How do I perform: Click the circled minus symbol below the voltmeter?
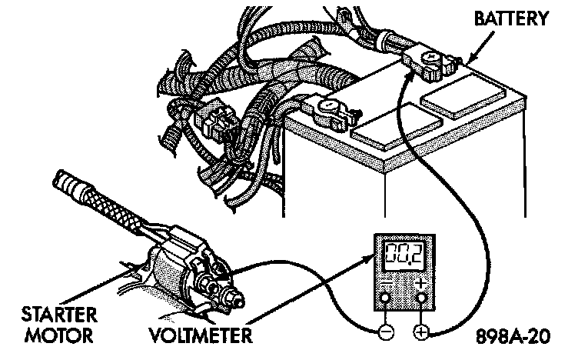click(x=386, y=332)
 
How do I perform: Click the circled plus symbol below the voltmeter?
click(x=420, y=332)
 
